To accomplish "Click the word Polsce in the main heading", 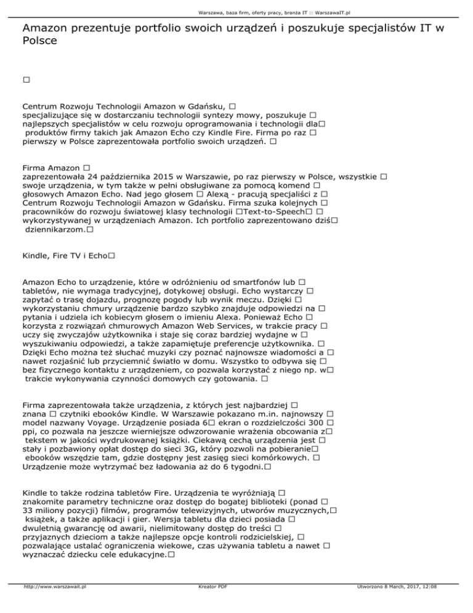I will pyautogui.click(x=40, y=42).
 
